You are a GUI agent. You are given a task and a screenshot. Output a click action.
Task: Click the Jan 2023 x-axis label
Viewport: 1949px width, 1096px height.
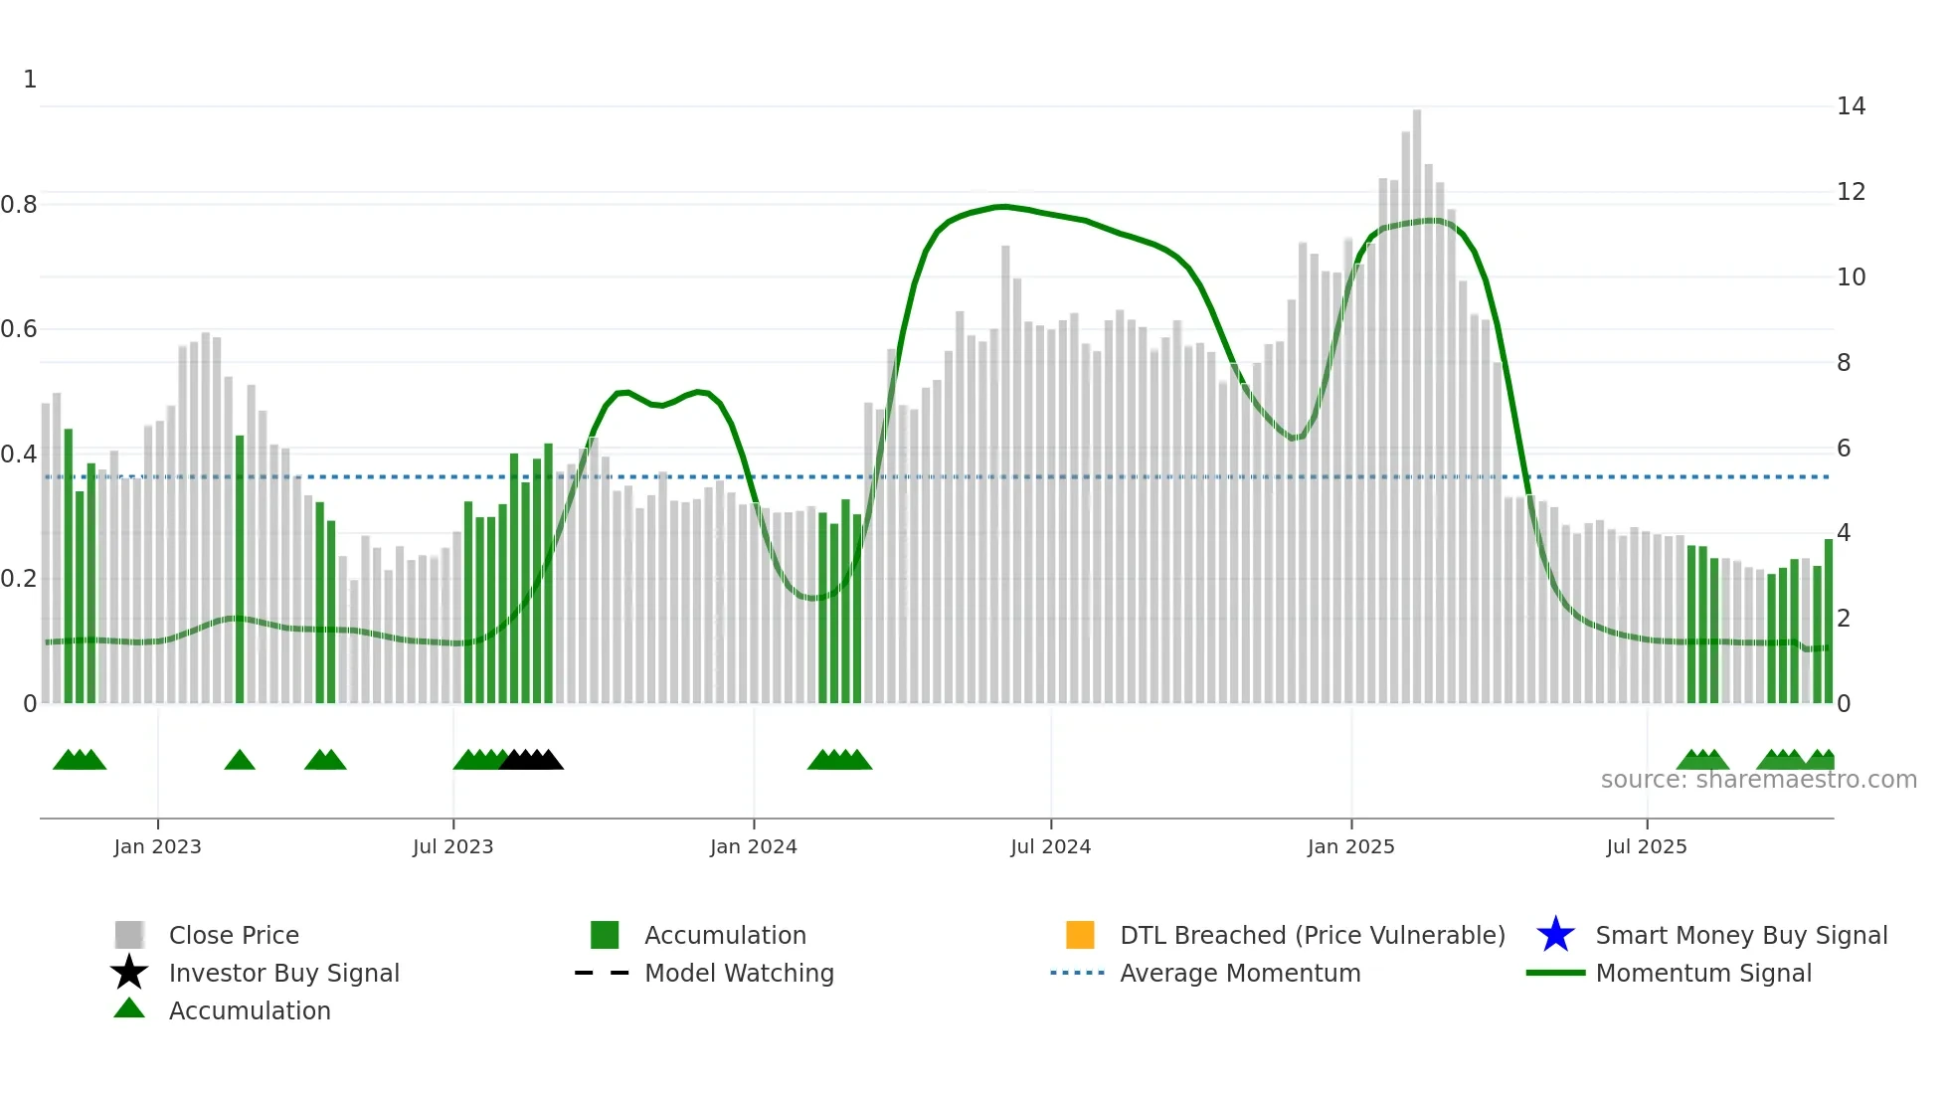pos(157,846)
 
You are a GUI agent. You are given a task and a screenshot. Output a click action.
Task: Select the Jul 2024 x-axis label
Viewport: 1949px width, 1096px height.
pos(1050,846)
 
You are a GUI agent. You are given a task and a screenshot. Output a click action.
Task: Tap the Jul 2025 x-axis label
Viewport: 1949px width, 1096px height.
pos(1646,846)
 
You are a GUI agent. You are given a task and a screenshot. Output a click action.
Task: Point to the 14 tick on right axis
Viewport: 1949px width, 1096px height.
pos(1851,106)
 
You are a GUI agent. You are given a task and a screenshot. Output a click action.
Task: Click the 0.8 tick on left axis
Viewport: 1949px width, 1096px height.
pos(19,205)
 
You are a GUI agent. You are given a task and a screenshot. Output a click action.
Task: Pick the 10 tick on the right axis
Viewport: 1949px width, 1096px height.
pos(1851,277)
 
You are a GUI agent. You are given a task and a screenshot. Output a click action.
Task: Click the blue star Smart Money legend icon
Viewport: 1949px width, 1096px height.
pos(1555,935)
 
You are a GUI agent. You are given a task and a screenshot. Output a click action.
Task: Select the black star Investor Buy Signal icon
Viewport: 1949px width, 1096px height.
pos(129,973)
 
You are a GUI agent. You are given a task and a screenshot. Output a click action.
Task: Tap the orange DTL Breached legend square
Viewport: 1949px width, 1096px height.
pos(1079,935)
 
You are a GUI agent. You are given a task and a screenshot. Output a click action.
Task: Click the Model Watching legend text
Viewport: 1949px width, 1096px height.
pos(739,973)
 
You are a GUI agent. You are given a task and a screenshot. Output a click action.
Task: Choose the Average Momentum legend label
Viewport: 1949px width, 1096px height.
pos(1240,973)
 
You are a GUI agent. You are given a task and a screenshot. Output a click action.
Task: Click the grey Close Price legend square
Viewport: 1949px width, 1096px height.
pos(129,935)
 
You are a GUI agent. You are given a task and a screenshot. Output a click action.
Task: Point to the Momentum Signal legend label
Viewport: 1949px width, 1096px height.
pos(1703,973)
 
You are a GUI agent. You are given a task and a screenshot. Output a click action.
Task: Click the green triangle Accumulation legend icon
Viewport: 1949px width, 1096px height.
pos(129,1008)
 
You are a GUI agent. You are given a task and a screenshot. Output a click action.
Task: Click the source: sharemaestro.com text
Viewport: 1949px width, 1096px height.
pos(1758,780)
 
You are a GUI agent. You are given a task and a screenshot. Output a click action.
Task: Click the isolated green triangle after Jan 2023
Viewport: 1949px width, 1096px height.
pos(240,761)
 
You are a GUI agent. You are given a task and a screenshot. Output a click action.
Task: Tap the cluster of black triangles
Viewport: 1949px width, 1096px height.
pos(531,761)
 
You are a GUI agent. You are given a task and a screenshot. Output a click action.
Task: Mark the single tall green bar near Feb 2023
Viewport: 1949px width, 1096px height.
pos(240,567)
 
